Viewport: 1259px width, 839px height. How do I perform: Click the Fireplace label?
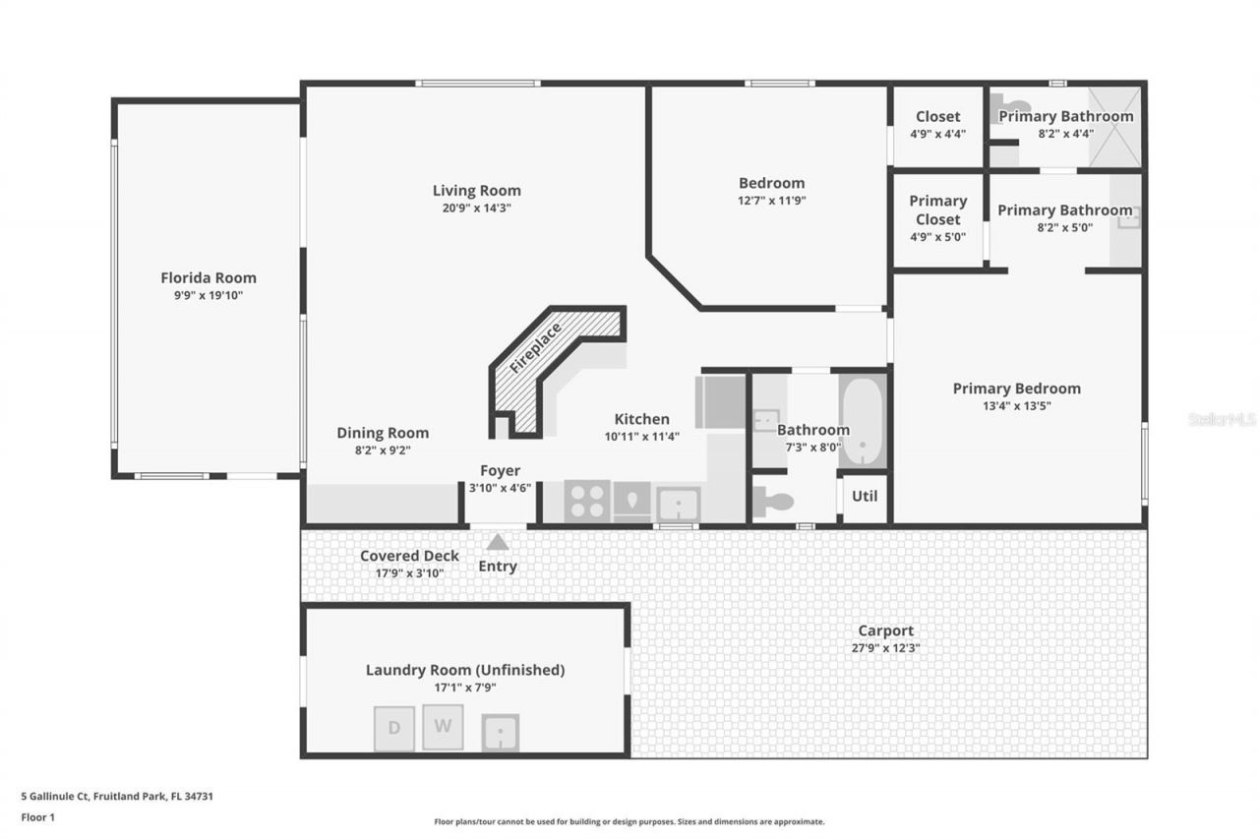535,348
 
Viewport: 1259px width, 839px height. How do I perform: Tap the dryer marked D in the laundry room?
394,728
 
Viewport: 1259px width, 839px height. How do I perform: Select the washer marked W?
443,727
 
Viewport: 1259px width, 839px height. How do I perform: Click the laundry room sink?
501,732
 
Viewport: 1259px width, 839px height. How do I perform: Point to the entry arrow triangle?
498,542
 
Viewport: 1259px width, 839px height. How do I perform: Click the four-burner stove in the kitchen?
587,501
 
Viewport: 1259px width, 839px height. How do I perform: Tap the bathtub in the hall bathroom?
863,421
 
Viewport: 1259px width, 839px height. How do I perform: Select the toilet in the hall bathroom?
773,502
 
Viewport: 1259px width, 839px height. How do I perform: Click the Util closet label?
865,496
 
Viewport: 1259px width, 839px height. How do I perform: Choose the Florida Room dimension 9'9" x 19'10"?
209,296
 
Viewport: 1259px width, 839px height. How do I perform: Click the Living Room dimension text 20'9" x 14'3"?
477,208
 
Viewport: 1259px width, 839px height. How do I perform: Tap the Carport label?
886,631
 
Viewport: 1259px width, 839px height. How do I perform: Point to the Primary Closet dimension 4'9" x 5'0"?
938,237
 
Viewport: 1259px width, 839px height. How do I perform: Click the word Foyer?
501,470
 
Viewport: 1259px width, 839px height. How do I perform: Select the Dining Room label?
383,433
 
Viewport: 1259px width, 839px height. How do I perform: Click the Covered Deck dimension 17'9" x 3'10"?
410,573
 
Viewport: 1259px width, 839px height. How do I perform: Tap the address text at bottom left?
117,797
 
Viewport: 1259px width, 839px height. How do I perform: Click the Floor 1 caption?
38,817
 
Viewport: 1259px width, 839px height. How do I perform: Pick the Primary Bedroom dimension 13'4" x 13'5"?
1017,406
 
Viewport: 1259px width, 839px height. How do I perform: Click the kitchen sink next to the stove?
679,504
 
